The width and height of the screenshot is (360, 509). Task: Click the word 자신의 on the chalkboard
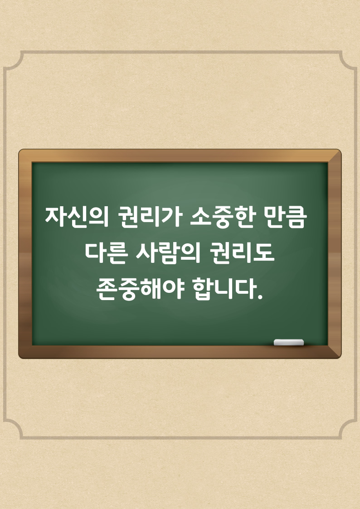[x=77, y=217]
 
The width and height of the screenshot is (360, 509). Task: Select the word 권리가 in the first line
[x=149, y=217]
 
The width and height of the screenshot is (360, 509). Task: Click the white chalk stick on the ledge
[x=288, y=342]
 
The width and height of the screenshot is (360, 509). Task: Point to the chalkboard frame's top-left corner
[x=20, y=150]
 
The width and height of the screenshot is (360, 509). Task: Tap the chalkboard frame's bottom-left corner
[x=20, y=357]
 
